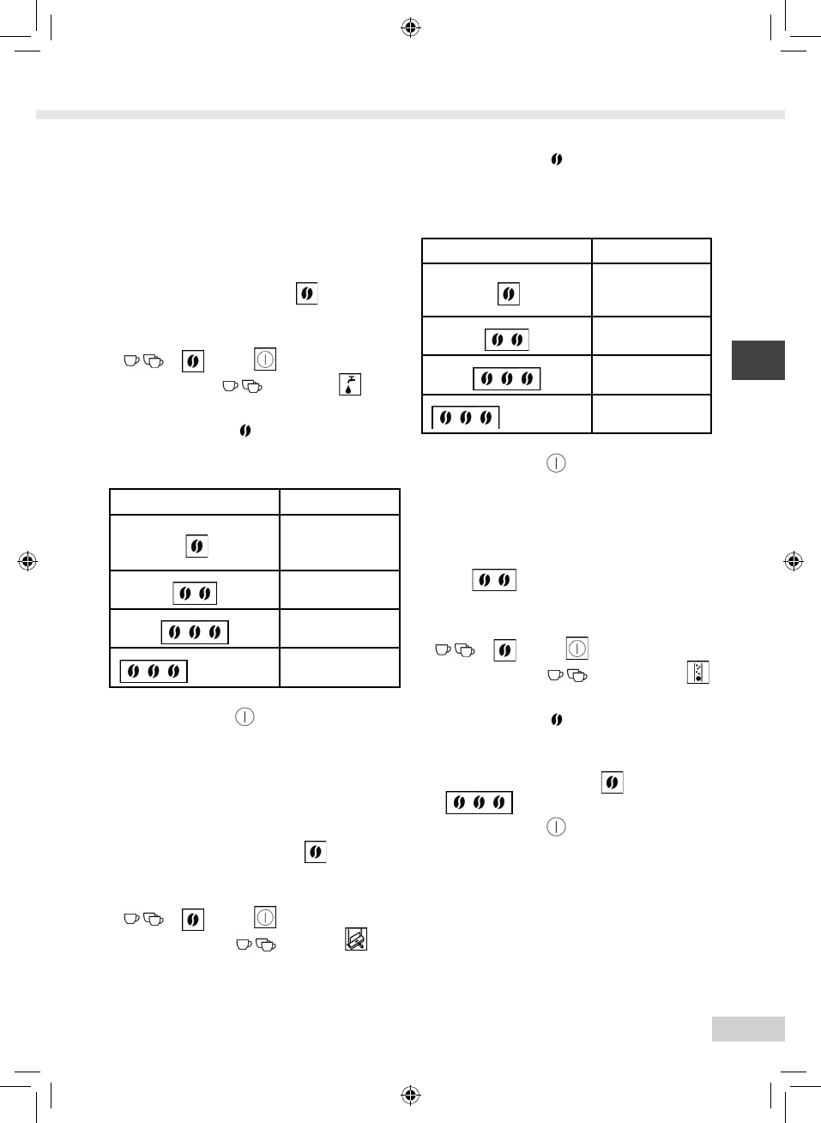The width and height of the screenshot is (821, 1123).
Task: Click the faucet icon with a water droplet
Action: point(349,384)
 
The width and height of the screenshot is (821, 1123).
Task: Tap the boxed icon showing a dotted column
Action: point(698,673)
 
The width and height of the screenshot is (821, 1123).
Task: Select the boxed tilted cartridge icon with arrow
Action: point(356,939)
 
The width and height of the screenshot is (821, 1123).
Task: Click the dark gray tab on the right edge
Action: point(758,360)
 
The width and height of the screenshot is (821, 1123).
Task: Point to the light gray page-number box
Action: point(747,1029)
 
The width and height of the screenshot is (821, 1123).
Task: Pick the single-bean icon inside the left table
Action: point(196,546)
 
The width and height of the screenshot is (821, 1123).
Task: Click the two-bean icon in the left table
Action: point(195,593)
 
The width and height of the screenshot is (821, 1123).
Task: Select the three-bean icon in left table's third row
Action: point(195,632)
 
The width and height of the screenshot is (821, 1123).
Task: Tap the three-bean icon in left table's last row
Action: point(154,671)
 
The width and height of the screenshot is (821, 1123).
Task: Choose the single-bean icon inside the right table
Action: point(509,294)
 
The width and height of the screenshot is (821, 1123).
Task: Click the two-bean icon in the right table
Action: point(507,340)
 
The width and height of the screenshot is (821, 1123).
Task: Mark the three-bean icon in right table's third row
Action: point(507,378)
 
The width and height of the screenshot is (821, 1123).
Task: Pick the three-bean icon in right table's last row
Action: point(465,418)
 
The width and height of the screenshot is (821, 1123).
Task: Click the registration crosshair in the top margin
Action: point(410,28)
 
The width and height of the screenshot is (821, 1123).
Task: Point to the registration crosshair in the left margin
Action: point(27,562)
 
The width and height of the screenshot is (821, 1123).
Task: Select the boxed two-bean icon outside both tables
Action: point(494,580)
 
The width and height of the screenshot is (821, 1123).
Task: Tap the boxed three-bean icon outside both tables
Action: point(479,802)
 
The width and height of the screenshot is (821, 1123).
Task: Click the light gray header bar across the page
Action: point(410,114)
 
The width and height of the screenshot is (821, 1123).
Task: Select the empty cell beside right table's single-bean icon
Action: point(651,290)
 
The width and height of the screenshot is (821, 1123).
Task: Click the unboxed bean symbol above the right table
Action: point(557,160)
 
